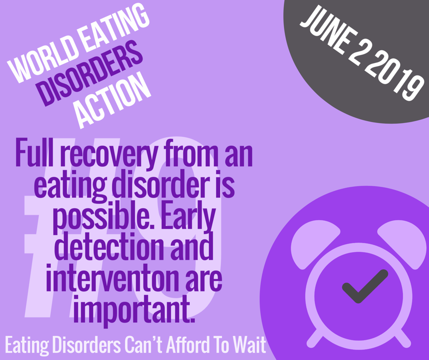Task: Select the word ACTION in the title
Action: [113, 100]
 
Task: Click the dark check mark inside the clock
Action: [365, 286]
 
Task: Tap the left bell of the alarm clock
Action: [314, 244]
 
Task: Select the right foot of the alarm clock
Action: [402, 338]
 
